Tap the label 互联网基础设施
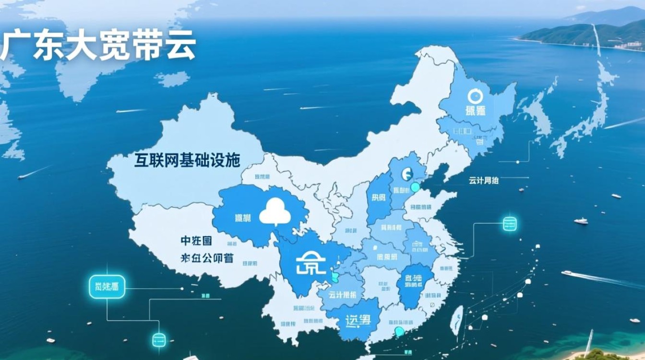point(187,160)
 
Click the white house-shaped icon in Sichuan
point(311,263)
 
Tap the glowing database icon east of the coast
point(509,224)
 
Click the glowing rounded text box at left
point(107,288)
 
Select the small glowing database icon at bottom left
point(159,340)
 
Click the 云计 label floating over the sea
point(483,180)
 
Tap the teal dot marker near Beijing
point(415,187)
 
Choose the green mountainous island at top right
point(585,34)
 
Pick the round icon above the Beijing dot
point(407,174)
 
